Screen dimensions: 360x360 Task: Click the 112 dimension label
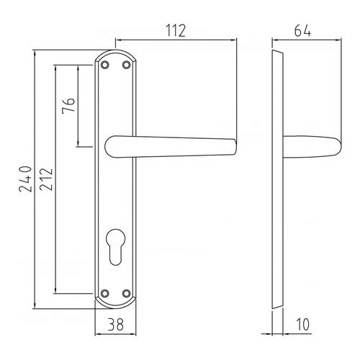click(175, 30)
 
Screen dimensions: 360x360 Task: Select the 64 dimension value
click(302, 30)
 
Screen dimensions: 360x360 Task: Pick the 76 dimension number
click(68, 108)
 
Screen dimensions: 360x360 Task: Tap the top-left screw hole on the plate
click(105, 66)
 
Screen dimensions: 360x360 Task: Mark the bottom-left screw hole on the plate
click(105, 293)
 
